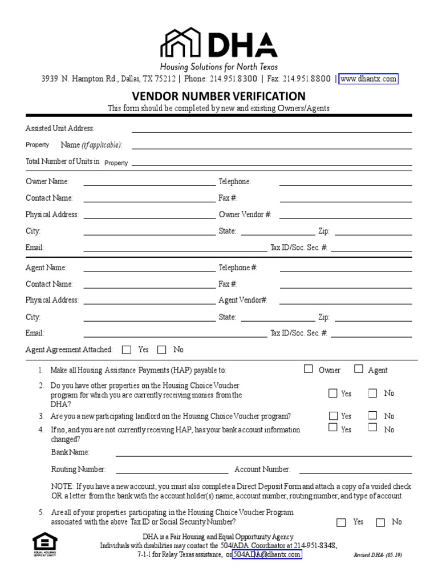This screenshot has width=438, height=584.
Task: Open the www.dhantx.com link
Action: pyautogui.click(x=368, y=79)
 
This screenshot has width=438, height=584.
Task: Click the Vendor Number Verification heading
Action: pyautogui.click(x=219, y=96)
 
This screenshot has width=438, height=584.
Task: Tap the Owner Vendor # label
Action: pyautogui.click(x=245, y=214)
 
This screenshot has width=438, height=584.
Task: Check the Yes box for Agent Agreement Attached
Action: pyautogui.click(x=127, y=350)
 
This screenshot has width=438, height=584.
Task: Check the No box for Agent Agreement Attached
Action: pyautogui.click(x=161, y=350)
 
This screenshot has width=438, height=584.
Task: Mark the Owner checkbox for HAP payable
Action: pyautogui.click(x=308, y=369)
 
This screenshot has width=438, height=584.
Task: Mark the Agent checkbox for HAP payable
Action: pyautogui.click(x=358, y=369)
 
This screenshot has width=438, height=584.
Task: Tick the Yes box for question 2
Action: pyautogui.click(x=333, y=393)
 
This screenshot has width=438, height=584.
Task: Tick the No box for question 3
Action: pyautogui.click(x=372, y=415)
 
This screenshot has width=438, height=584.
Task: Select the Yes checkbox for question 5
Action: pyautogui.click(x=341, y=522)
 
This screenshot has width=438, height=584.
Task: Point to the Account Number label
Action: pyautogui.click(x=262, y=469)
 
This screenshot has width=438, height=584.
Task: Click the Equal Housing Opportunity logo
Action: pyautogui.click(x=45, y=545)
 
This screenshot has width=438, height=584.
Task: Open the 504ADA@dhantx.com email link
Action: pyautogui.click(x=266, y=554)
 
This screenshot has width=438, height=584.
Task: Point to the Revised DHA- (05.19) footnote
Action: pyautogui.click(x=378, y=554)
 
